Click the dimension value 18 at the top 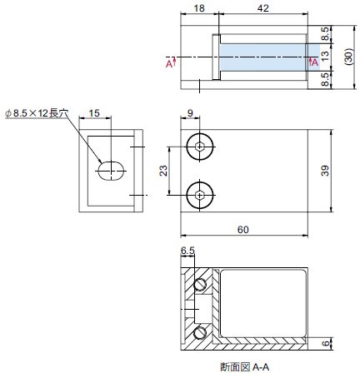199,8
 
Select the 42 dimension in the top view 263,8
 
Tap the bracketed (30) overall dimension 349,57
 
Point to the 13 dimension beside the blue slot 324,57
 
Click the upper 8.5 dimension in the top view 325,34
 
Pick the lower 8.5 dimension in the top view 325,79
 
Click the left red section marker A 171,62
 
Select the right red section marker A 313,62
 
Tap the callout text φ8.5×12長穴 37,113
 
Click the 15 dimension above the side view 94,113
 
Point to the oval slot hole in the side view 111,171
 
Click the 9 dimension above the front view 190,113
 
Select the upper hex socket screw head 200,147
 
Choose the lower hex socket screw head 200,196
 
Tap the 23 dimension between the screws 163,171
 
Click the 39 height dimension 325,171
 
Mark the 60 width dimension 243,230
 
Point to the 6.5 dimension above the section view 187,251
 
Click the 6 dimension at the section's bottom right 325,343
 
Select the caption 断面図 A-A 245,367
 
